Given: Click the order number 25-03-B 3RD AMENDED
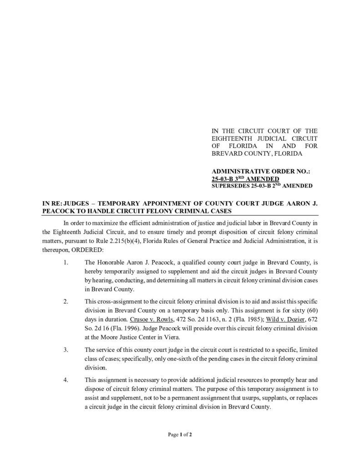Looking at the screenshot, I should click(246, 179).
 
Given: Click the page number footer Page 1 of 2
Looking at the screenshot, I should click(180, 435).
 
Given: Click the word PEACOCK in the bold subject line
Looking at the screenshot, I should click(59, 211).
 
